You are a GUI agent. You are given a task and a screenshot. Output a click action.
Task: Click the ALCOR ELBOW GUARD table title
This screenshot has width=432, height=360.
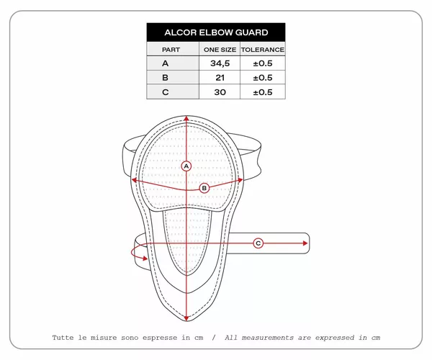(216, 32)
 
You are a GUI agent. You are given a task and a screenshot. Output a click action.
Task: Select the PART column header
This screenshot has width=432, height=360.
(171, 50)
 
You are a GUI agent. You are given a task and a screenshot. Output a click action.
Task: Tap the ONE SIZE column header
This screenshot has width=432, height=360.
(220, 50)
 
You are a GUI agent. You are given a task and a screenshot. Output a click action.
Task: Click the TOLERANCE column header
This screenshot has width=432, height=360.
(263, 50)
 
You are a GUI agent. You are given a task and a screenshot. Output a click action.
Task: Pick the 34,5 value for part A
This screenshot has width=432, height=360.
(220, 63)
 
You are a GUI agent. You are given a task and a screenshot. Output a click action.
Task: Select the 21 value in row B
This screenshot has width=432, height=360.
(220, 78)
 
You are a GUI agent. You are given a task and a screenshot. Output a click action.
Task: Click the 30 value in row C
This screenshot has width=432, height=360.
(220, 92)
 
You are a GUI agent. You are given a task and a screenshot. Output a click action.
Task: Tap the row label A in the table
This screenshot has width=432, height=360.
(166, 63)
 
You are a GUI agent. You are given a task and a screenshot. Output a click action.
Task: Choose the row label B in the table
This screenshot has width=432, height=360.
(166, 78)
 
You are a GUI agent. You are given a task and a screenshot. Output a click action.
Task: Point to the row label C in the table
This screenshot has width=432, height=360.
(166, 92)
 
